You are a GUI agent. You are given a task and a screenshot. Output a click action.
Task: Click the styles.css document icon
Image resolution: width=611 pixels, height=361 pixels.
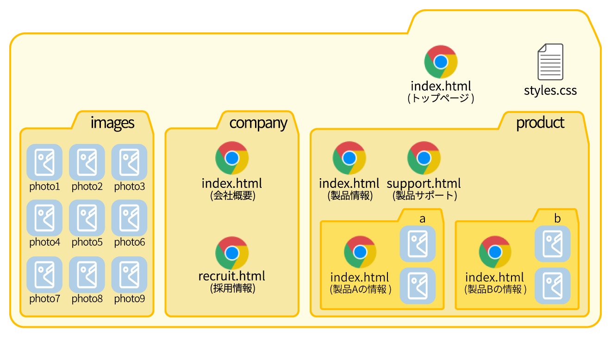(x=550, y=62)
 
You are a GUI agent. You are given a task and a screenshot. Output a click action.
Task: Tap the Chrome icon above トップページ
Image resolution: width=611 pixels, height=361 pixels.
(x=441, y=62)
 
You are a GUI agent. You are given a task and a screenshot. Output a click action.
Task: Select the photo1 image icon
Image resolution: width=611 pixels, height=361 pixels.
(x=44, y=162)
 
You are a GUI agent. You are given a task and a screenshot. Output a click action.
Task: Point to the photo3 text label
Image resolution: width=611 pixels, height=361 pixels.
(x=130, y=187)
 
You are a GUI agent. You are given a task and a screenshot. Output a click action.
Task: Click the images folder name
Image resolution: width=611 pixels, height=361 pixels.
(x=112, y=123)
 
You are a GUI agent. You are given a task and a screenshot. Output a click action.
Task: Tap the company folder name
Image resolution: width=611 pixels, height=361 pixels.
(x=258, y=123)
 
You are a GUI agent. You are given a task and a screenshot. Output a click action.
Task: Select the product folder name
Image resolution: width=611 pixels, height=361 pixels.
(x=540, y=123)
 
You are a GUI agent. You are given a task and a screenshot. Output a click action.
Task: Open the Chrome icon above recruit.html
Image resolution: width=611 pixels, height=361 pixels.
(x=232, y=253)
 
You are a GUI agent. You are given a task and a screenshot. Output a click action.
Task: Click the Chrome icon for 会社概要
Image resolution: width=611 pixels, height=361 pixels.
(x=232, y=158)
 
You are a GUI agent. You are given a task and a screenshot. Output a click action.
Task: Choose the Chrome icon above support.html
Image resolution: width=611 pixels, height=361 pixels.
(x=424, y=158)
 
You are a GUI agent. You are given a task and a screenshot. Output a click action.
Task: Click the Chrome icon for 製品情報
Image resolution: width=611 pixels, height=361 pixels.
(x=349, y=158)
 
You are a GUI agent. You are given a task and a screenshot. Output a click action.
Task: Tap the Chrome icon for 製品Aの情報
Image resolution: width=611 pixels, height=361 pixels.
(x=360, y=252)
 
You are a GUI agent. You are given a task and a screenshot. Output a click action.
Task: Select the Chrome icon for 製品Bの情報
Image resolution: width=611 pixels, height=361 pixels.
(x=495, y=252)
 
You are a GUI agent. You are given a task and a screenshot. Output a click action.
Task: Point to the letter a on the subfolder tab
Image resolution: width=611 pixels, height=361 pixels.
(x=422, y=219)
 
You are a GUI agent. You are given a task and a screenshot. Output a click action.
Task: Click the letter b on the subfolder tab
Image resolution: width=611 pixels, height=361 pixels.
(x=557, y=219)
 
